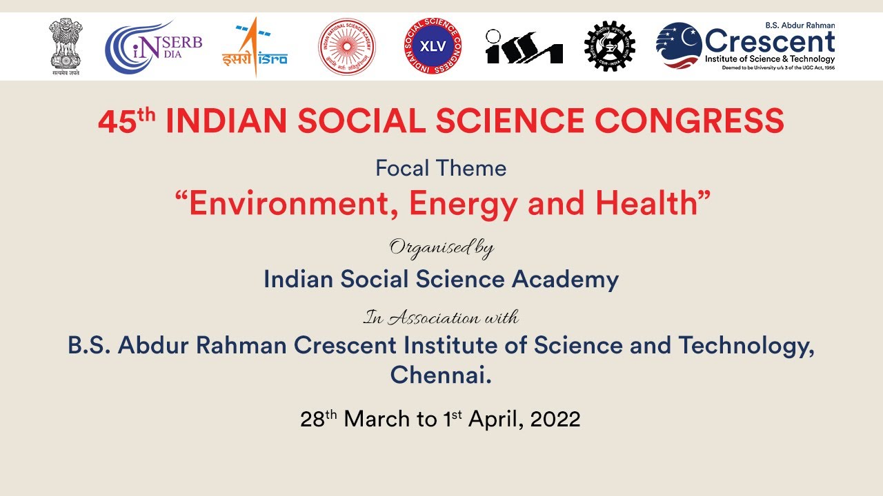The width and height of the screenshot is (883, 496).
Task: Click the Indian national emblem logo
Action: click(x=65, y=47)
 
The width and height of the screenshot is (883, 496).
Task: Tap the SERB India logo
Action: click(x=153, y=47)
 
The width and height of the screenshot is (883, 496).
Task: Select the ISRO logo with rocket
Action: click(x=255, y=48)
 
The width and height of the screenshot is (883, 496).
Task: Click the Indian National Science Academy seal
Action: click(x=346, y=47)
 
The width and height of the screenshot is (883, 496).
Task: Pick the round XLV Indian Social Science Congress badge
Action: click(x=433, y=46)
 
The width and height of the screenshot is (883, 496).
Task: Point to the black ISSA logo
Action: click(x=524, y=47)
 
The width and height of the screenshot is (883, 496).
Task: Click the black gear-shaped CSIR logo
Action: click(x=609, y=46)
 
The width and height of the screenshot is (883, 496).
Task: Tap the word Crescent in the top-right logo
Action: click(x=769, y=42)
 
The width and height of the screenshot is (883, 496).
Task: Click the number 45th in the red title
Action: click(x=126, y=122)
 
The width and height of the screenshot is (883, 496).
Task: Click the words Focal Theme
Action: click(x=441, y=168)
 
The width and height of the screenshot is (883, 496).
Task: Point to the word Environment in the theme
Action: click(x=285, y=204)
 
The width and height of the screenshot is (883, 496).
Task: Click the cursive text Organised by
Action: click(x=441, y=248)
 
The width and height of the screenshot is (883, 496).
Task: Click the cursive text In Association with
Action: click(x=441, y=318)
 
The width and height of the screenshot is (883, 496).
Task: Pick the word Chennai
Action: click(x=441, y=375)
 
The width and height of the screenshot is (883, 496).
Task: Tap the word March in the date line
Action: click(x=377, y=419)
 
